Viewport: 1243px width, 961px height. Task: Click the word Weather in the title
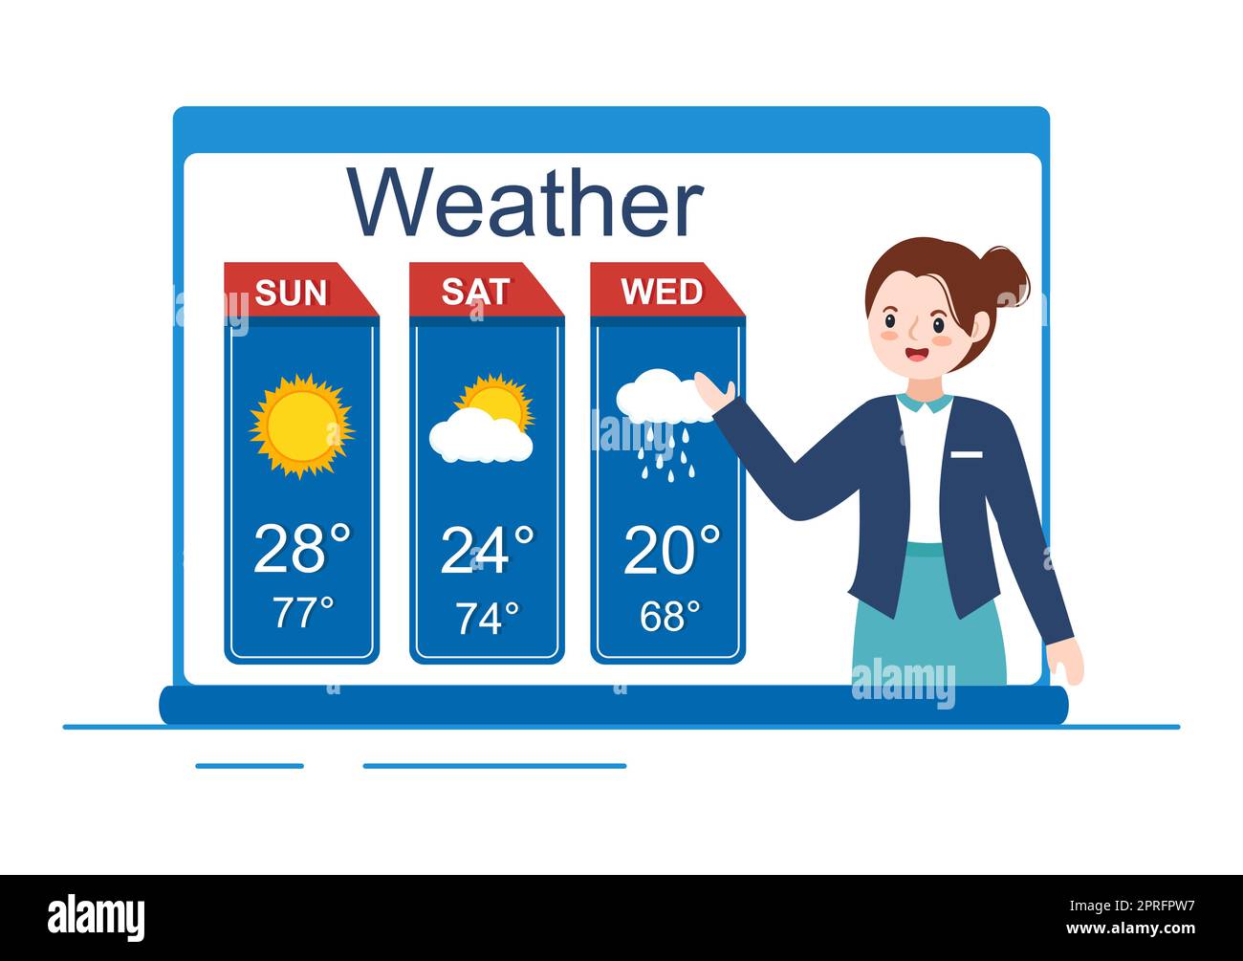tap(525, 204)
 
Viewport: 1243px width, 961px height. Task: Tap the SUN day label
tap(291, 293)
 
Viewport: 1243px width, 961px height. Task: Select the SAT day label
tap(475, 292)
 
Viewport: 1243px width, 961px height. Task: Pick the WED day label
tap(662, 292)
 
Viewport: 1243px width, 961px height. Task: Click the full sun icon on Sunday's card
tap(301, 426)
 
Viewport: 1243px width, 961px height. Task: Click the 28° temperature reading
tap(302, 549)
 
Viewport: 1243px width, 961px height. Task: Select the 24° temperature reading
tap(486, 550)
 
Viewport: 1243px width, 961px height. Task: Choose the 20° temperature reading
tap(670, 550)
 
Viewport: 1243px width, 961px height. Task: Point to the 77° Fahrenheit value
tap(303, 613)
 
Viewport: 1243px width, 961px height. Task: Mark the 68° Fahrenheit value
tap(669, 617)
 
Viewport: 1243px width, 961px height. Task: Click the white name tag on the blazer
tap(966, 454)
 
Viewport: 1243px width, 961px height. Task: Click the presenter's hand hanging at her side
tap(1064, 661)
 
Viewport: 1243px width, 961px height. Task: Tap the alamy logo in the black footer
tap(97, 917)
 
